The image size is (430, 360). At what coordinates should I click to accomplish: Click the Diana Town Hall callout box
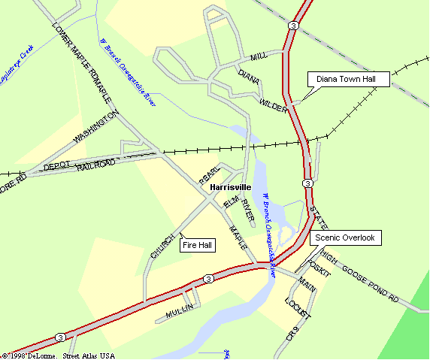tap(351, 79)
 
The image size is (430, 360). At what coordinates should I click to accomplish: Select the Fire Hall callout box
tap(198, 245)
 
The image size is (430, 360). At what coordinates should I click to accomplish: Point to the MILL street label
tap(259, 57)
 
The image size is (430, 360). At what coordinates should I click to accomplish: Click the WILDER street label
tap(274, 104)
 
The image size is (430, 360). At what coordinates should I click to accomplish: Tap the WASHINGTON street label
tap(96, 129)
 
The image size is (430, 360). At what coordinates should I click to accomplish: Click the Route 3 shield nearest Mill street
tap(293, 26)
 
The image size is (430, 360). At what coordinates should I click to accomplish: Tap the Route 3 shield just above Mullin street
tap(208, 279)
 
